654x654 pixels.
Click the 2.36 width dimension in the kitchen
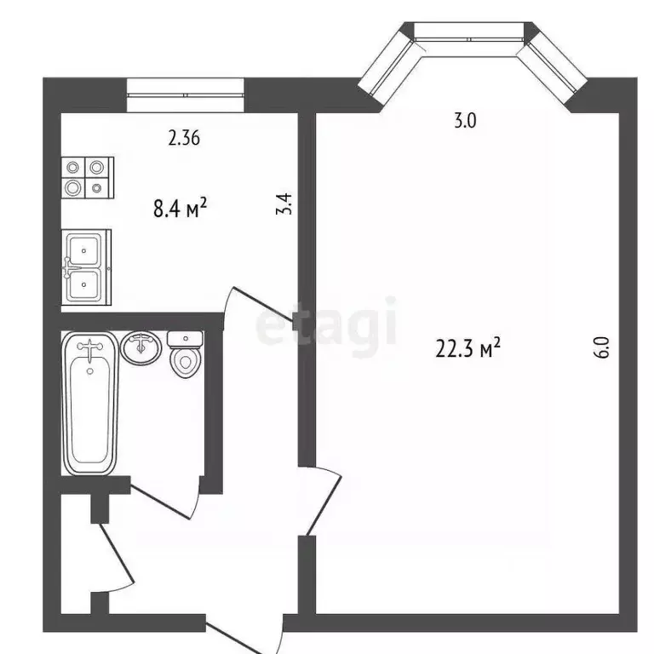point(184,138)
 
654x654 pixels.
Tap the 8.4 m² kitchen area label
point(181,208)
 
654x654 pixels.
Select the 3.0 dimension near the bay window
point(464,121)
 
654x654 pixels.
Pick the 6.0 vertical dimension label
point(601,349)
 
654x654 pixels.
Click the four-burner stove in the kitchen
point(86,177)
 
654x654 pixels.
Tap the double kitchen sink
point(86,267)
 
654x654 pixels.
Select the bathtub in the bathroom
point(89,404)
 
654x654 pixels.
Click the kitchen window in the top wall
point(185,95)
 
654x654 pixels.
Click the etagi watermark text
point(328,323)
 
